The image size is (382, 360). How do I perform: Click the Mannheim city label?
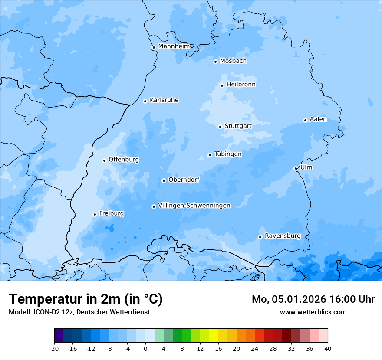tap(174, 46)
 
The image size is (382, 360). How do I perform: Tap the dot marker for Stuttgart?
tap(221, 127)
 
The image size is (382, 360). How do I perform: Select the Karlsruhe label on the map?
tap(164, 100)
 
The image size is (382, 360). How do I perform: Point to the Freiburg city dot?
tap(95, 214)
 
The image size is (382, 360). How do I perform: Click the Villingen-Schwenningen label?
tap(194, 206)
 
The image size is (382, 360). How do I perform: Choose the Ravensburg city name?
tap(282, 236)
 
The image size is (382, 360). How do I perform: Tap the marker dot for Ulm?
tap(296, 168)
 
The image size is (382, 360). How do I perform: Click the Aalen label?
tap(318, 119)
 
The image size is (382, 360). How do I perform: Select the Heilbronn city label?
tap(241, 85)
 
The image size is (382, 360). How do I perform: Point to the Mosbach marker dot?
tap(215, 62)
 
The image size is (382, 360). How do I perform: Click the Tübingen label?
tap(228, 154)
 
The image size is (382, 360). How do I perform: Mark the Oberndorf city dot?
tap(164, 180)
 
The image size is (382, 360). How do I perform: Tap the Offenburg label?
tap(124, 160)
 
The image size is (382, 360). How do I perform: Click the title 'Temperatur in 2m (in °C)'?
tap(86, 299)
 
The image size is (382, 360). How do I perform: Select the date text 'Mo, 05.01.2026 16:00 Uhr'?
tap(313, 299)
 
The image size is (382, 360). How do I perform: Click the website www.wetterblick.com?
tap(313, 312)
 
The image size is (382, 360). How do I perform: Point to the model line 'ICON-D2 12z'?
tap(79, 312)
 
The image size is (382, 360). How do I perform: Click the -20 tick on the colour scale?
tap(54, 349)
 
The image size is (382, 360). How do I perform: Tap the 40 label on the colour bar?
tap(327, 349)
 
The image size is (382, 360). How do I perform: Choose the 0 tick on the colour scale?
tap(145, 349)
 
